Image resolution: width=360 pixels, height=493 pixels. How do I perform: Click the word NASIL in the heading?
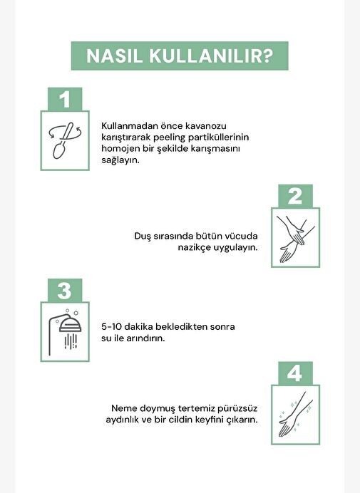pyautogui.click(x=115, y=56)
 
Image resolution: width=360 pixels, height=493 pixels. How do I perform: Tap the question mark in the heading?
pyautogui.click(x=267, y=56)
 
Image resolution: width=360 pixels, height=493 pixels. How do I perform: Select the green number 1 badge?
pyautogui.click(x=65, y=99)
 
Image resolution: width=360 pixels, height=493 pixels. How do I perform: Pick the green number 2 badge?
pyautogui.click(x=296, y=196)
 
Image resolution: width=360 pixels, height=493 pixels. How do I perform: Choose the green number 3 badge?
pyautogui.click(x=65, y=290)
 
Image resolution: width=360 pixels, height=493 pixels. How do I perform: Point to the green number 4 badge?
pyautogui.click(x=296, y=373)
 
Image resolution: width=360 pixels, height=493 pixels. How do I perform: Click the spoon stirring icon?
pyautogui.click(x=65, y=140)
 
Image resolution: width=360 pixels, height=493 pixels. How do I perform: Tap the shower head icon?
pyautogui.click(x=65, y=332)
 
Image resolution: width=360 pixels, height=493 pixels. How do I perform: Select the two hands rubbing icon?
pyautogui.click(x=296, y=239)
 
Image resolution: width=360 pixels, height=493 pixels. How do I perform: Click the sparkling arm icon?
pyautogui.click(x=296, y=415)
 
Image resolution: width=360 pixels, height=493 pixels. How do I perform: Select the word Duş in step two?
pyautogui.click(x=143, y=237)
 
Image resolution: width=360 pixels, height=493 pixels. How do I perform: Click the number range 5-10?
pyautogui.click(x=111, y=327)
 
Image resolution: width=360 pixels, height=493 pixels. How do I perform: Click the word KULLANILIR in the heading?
pyautogui.click(x=205, y=56)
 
